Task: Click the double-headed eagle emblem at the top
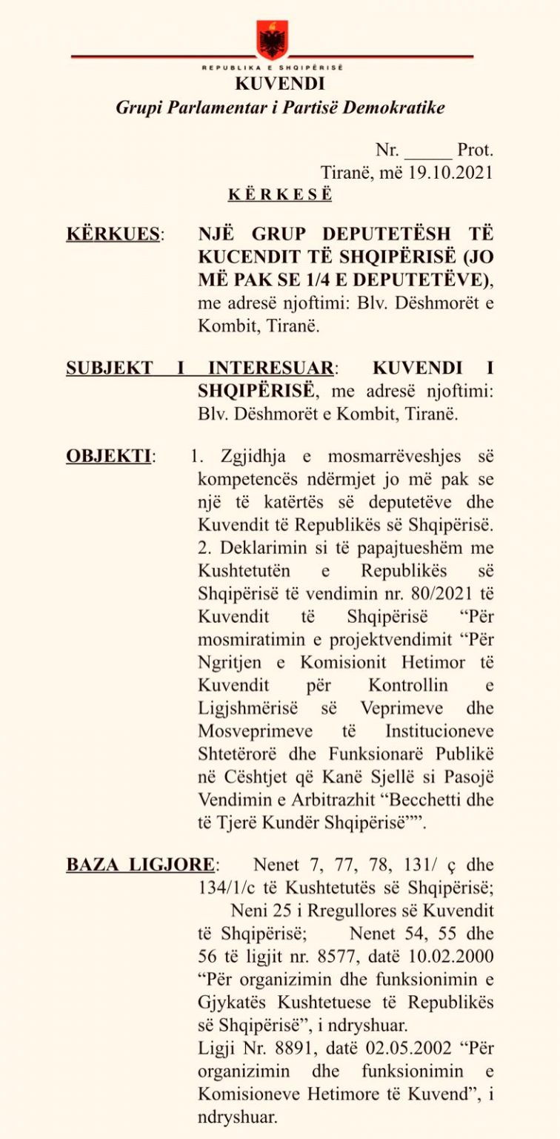pyautogui.click(x=272, y=39)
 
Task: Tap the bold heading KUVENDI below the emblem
pyautogui.click(x=279, y=84)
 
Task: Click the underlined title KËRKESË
pyautogui.click(x=279, y=195)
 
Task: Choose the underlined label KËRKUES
pyautogui.click(x=113, y=234)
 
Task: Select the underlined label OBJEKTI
pyautogui.click(x=108, y=456)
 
